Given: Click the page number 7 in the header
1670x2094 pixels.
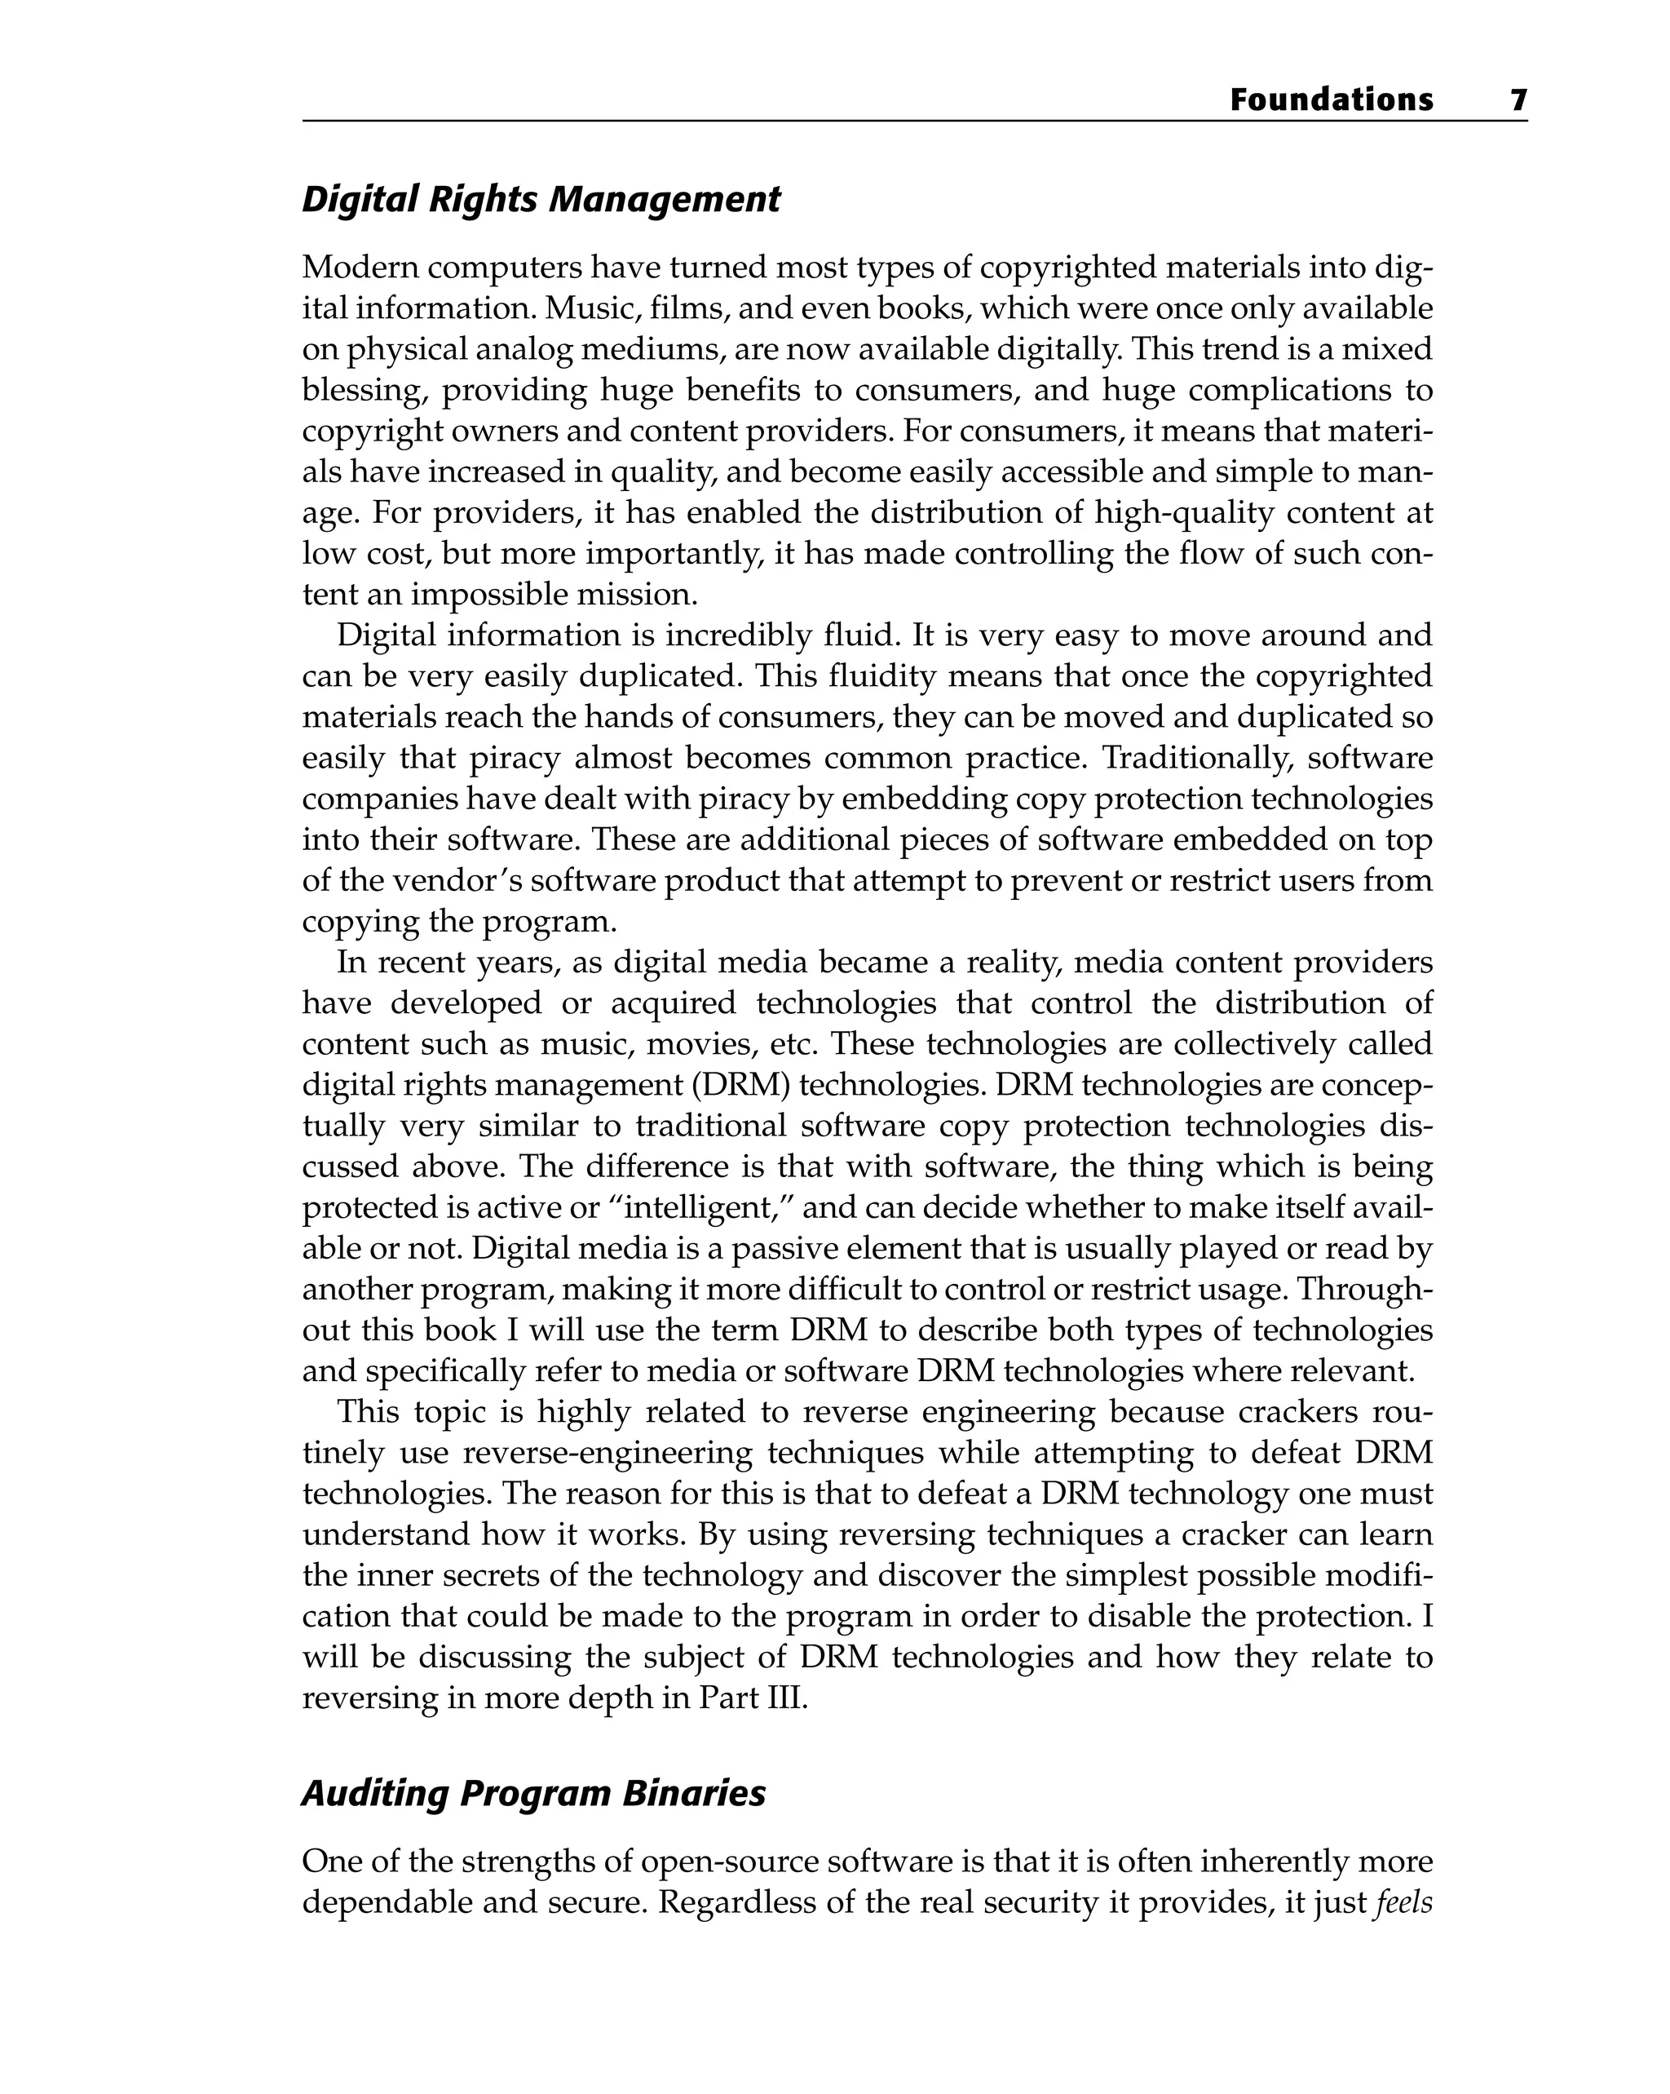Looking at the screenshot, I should click(x=1518, y=100).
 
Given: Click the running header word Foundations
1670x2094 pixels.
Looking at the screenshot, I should click(x=1331, y=100).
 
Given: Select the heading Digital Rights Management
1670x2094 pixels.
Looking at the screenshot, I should click(x=541, y=199).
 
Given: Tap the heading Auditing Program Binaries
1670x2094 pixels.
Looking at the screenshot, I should click(x=533, y=1793).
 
